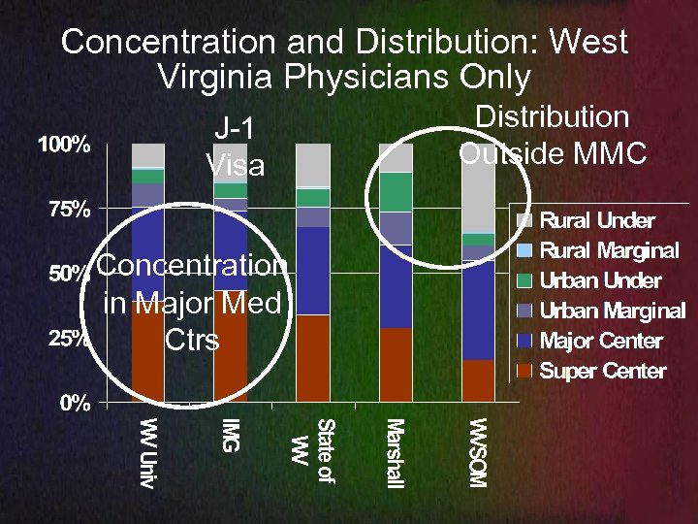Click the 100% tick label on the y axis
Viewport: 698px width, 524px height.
coord(65,146)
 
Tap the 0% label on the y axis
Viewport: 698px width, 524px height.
coord(71,405)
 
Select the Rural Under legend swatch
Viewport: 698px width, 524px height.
coord(524,220)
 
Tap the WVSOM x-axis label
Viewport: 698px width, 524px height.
coord(478,452)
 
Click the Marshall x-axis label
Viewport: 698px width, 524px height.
coord(395,451)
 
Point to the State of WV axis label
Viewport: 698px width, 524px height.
coord(313,442)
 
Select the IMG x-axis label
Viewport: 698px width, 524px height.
coord(230,434)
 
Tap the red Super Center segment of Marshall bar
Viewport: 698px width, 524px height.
coord(396,364)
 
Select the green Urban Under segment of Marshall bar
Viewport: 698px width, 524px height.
coord(396,191)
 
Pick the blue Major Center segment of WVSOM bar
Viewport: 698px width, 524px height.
coord(478,311)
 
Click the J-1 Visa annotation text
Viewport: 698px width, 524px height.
coord(236,147)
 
